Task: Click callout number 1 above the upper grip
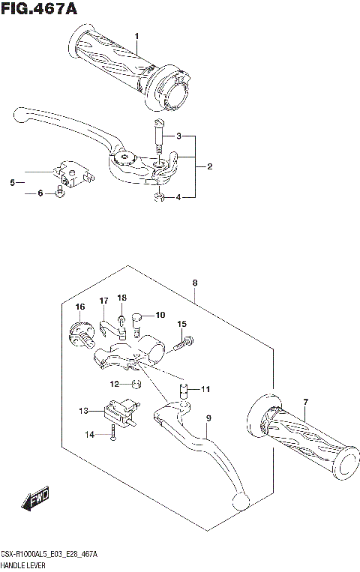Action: [136, 36]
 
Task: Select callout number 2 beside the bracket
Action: [209, 166]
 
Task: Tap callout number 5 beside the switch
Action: [12, 182]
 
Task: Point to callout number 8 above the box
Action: [194, 283]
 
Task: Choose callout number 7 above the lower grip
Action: [305, 403]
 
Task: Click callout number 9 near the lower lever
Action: [209, 418]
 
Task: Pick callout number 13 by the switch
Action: [83, 411]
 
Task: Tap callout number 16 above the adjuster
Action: [79, 306]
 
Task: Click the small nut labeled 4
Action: [158, 198]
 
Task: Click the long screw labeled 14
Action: [112, 433]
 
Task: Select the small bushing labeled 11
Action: [181, 389]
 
